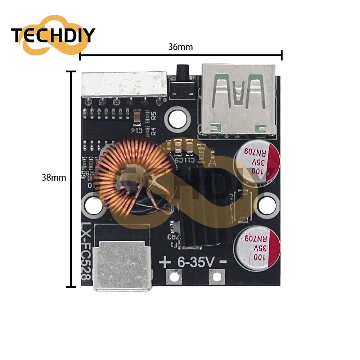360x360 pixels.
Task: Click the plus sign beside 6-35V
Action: coord(165,262)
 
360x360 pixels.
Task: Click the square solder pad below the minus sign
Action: coord(216,276)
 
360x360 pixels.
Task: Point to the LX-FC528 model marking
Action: coord(86,252)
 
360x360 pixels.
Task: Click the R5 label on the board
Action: coord(154,116)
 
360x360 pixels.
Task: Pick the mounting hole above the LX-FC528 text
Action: coord(93,206)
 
